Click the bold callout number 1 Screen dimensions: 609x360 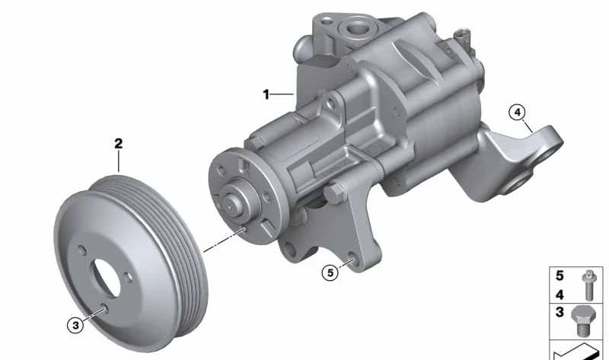point(266,94)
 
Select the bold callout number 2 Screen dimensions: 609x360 point(119,144)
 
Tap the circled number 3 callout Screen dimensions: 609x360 point(75,325)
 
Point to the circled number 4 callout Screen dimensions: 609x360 point(518,112)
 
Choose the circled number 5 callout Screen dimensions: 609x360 point(330,272)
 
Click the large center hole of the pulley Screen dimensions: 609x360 point(107,277)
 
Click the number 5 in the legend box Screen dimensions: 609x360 point(560,276)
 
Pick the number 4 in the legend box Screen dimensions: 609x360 point(560,295)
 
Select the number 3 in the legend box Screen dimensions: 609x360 point(560,312)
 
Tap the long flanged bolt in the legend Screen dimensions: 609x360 point(588,285)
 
